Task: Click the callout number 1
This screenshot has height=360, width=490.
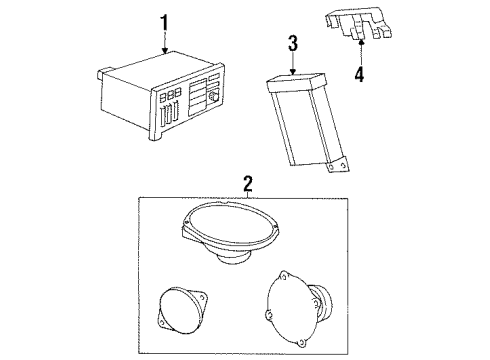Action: click(164, 21)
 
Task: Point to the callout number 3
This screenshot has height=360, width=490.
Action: click(293, 43)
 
